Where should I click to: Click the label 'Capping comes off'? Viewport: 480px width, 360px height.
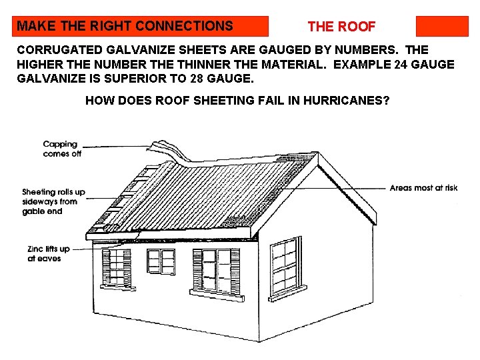[61, 149]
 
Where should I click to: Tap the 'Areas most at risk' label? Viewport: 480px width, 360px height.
[423, 188]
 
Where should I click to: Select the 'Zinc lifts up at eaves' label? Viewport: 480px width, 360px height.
[45, 254]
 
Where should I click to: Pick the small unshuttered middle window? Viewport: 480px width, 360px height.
[161, 261]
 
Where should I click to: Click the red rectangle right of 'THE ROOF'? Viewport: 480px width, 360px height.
[442, 26]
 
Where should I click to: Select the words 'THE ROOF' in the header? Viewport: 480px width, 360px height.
[341, 27]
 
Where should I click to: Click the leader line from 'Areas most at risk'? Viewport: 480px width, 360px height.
[353, 188]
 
